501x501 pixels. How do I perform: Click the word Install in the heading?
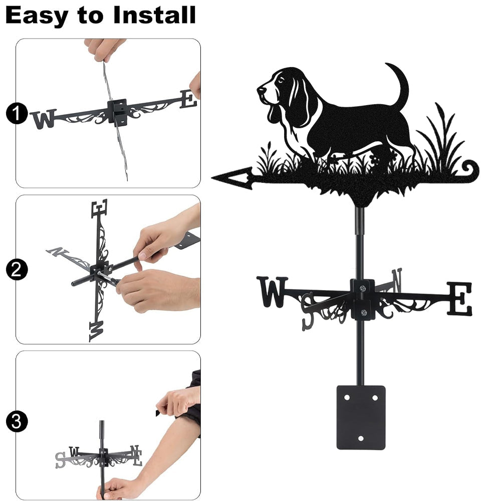tap(154, 15)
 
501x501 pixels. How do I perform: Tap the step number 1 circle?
tap(17, 113)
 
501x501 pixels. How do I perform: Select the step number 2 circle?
tap(17, 270)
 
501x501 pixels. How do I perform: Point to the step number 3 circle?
tap(17, 421)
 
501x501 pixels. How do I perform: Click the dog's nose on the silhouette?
tap(260, 90)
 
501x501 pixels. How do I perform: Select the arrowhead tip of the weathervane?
tap(212, 177)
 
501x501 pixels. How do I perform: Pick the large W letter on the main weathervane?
tap(272, 292)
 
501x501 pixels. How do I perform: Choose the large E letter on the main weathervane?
tap(459, 299)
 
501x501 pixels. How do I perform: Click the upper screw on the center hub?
tap(362, 289)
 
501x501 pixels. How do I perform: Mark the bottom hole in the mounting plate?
tap(361, 438)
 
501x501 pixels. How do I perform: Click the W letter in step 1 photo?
tap(44, 119)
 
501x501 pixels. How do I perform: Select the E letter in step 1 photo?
tap(188, 99)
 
